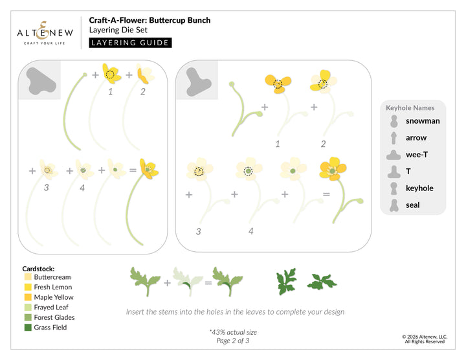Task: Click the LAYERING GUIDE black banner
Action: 130,43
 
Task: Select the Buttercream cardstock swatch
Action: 27,276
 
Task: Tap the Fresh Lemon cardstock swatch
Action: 27,287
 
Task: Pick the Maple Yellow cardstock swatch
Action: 27,297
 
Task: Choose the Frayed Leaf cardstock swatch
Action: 27,308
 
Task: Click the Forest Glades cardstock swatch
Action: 27,317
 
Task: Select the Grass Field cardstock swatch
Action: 27,328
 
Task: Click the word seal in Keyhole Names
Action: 413,205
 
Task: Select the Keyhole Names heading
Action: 410,107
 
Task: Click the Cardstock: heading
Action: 39,267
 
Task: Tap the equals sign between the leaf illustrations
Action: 208,282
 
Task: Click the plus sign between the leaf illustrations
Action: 167,282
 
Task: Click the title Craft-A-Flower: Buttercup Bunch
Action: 150,20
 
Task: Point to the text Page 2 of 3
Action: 232,341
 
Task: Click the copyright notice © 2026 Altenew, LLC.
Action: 424,337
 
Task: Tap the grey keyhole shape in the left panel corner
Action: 40,80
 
